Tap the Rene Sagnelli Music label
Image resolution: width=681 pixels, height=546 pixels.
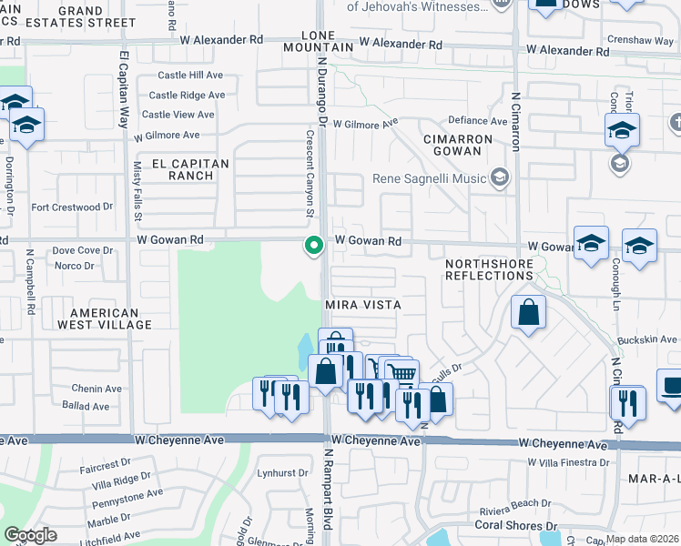(x=430, y=178)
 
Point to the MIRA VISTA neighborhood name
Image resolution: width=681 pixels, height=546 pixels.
(x=363, y=305)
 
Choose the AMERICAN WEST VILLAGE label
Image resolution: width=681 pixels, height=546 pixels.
(x=97, y=318)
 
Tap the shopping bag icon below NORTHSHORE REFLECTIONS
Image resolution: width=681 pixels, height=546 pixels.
(x=528, y=314)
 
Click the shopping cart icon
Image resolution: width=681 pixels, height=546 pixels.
(x=401, y=373)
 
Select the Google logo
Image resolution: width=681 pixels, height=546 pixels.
(x=30, y=535)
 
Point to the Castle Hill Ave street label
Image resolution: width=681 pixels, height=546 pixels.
(x=190, y=76)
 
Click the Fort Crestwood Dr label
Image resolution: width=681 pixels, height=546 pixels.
(x=72, y=207)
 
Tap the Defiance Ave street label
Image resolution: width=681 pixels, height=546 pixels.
(x=478, y=121)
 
